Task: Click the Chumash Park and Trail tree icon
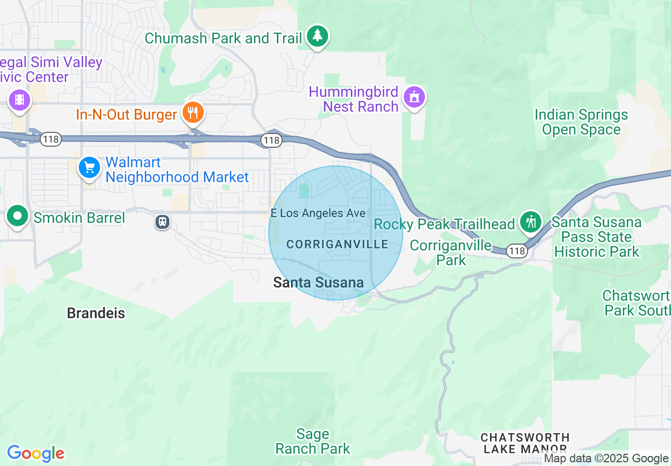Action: (x=317, y=36)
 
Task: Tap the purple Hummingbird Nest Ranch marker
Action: (x=414, y=97)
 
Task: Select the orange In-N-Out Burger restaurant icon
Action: (x=193, y=112)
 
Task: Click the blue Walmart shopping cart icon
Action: (x=89, y=168)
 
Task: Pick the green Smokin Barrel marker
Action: (x=18, y=216)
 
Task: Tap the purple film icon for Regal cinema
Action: (x=20, y=99)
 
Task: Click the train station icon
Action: (x=162, y=222)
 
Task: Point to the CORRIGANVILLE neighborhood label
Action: (x=337, y=244)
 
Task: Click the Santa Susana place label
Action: (x=319, y=283)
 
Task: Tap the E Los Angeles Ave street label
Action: (x=318, y=213)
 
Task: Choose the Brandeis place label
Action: (x=96, y=313)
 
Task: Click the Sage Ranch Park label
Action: (x=313, y=442)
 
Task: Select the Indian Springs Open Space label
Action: (x=581, y=122)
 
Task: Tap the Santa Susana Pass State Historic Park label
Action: (x=596, y=237)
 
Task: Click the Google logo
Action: (x=35, y=453)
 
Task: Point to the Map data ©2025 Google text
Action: (x=606, y=459)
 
